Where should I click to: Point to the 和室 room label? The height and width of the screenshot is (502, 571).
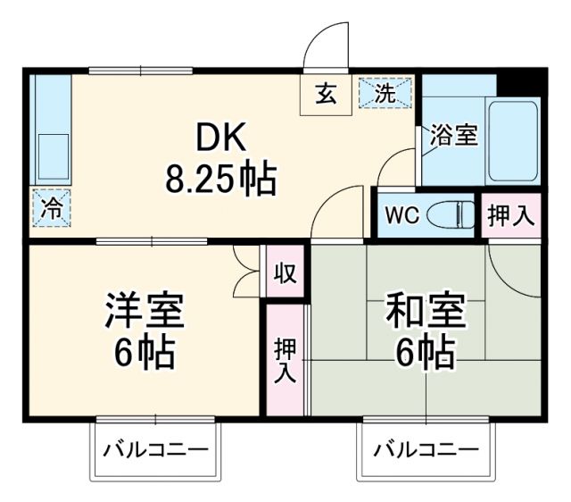425,312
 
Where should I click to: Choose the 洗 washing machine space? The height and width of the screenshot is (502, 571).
385,93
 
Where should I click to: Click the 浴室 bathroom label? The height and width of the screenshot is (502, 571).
454,135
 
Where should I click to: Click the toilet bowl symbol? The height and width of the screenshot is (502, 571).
451,215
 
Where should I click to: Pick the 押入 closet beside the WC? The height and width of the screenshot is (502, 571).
511,215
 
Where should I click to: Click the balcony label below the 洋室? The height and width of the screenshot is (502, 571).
155,448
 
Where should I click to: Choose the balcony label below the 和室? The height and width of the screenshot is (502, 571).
426,448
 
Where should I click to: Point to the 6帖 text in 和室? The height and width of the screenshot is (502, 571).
425,354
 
